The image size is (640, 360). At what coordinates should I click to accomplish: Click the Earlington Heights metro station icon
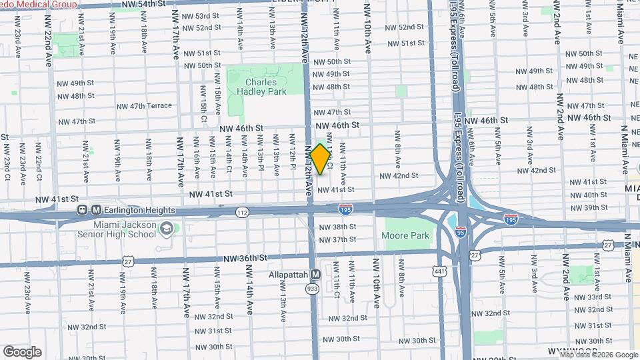[x=96, y=210]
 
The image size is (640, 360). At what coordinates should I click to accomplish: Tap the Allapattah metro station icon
[x=316, y=274]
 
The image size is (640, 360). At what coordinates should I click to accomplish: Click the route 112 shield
[x=241, y=211]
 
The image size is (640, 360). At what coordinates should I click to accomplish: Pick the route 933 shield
[x=311, y=288]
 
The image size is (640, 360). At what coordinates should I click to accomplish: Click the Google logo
[x=22, y=351]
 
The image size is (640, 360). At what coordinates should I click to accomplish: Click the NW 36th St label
[x=245, y=257]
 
